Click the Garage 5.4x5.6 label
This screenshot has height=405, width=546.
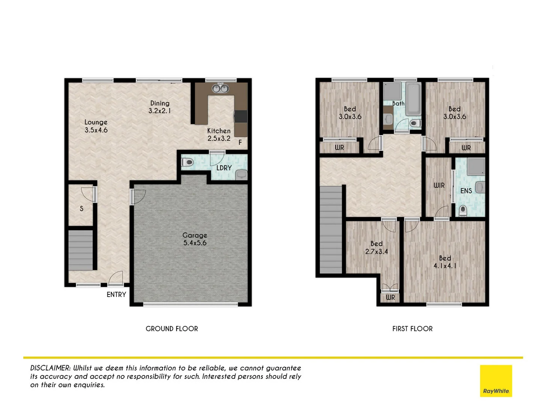(x=195, y=239)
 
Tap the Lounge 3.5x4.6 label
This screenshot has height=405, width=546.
(x=96, y=126)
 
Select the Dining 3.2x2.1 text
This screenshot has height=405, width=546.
(x=160, y=107)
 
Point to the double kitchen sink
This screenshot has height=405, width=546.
(x=220, y=88)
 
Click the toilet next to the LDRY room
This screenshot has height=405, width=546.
(x=187, y=162)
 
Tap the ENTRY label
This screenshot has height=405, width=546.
(x=116, y=295)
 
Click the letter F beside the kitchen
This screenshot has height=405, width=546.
(x=240, y=142)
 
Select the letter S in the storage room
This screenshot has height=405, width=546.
(x=81, y=208)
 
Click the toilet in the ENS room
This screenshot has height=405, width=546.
(x=463, y=210)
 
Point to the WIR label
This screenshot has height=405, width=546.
(x=439, y=185)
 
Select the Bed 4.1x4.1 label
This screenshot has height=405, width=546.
(x=445, y=262)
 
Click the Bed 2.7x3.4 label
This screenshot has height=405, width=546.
(x=376, y=247)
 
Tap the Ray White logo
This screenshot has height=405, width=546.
(x=496, y=381)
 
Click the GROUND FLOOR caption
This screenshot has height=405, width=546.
(x=172, y=329)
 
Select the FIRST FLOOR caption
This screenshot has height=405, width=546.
(x=412, y=329)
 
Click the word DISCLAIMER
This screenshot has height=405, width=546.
(x=50, y=368)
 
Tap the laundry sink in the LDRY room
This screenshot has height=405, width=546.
(x=241, y=174)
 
